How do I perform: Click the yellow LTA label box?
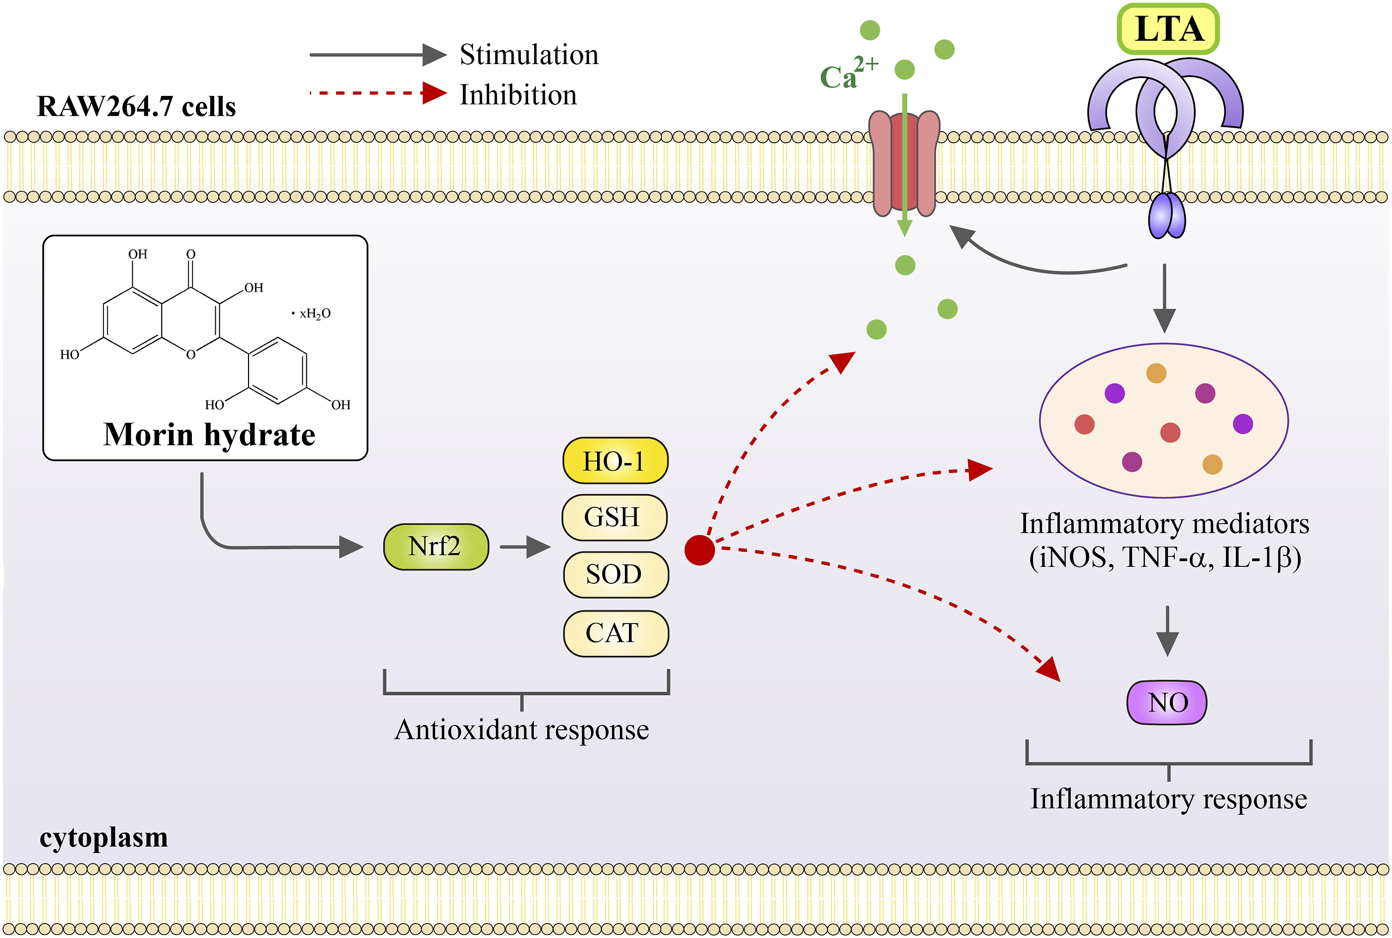[1168, 29]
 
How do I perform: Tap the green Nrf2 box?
[435, 546]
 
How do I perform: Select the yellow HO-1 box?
[614, 461]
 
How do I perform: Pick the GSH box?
[613, 517]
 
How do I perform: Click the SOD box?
[614, 574]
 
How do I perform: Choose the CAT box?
[614, 633]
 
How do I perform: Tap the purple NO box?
[1166, 703]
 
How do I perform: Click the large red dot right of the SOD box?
[699, 550]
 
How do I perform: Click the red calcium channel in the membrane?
[904, 163]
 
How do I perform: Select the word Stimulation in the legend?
[528, 55]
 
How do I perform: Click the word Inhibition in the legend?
[518, 95]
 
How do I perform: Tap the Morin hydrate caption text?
[209, 434]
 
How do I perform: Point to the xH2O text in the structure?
[314, 313]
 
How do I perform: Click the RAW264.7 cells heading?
[136, 106]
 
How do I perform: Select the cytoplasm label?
[103, 837]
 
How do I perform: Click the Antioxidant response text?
[521, 730]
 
